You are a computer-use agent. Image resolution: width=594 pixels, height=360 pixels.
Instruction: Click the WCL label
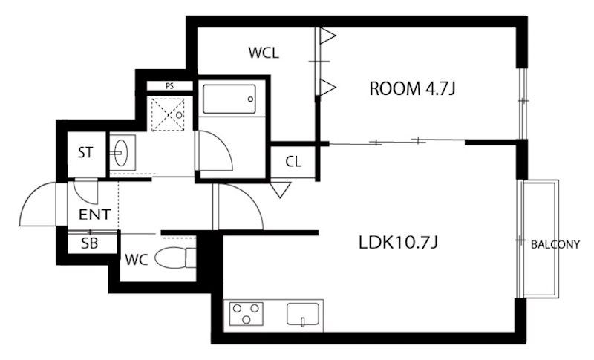264,53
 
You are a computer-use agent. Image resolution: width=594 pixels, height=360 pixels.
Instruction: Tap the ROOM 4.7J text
412,88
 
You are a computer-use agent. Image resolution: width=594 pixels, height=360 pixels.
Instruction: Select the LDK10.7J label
398,242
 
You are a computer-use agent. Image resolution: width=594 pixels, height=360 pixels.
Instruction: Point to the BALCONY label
555,245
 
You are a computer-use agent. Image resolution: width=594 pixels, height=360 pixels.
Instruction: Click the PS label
170,86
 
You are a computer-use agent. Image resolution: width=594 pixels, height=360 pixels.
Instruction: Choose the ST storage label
85,153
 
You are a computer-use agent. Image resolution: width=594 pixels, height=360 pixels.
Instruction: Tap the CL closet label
293,162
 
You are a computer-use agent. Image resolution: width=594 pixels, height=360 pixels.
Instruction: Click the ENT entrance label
95,215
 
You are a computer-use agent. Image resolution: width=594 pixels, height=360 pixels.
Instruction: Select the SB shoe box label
89,243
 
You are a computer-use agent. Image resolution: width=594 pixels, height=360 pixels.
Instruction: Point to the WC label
137,260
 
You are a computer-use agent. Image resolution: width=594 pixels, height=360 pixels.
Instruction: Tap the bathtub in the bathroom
229,99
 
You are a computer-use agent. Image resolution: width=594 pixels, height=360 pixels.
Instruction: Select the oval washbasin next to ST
121,153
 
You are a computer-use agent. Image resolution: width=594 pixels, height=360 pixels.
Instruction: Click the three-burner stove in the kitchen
247,313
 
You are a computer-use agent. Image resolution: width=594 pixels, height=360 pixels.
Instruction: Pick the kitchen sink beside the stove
303,314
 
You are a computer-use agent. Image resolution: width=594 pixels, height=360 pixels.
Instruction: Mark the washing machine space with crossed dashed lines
168,115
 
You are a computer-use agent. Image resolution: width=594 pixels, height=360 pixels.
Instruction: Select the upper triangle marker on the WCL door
327,36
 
